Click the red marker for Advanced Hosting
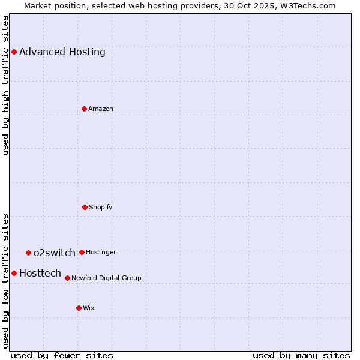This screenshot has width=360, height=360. pyautogui.click(x=14, y=52)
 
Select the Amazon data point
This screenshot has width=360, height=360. pyautogui.click(x=84, y=109)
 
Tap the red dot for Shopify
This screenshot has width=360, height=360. pyautogui.click(x=85, y=207)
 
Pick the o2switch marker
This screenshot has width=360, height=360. pyautogui.click(x=28, y=253)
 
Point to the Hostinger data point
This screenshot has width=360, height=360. pyautogui.click(x=82, y=252)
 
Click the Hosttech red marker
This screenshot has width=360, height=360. pyautogui.click(x=14, y=273)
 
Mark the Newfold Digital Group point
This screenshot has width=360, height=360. pyautogui.click(x=67, y=278)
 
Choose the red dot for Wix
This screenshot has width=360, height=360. pyautogui.click(x=79, y=308)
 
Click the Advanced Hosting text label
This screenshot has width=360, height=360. pyautogui.click(x=62, y=52)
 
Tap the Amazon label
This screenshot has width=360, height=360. pyautogui.click(x=101, y=109)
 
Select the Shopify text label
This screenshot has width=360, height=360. pyautogui.click(x=101, y=207)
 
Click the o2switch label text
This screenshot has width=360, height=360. pyautogui.click(x=55, y=253)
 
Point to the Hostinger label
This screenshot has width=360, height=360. pyautogui.click(x=101, y=252)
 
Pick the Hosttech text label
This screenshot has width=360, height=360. pyautogui.click(x=40, y=273)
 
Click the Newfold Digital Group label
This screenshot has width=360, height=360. pyautogui.click(x=106, y=278)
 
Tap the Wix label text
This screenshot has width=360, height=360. pyautogui.click(x=89, y=308)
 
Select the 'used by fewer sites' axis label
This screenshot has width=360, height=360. pyautogui.click(x=62, y=355)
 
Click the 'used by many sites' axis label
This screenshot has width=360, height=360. pyautogui.click(x=301, y=355)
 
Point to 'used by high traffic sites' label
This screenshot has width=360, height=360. pyautogui.click(x=5, y=86)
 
